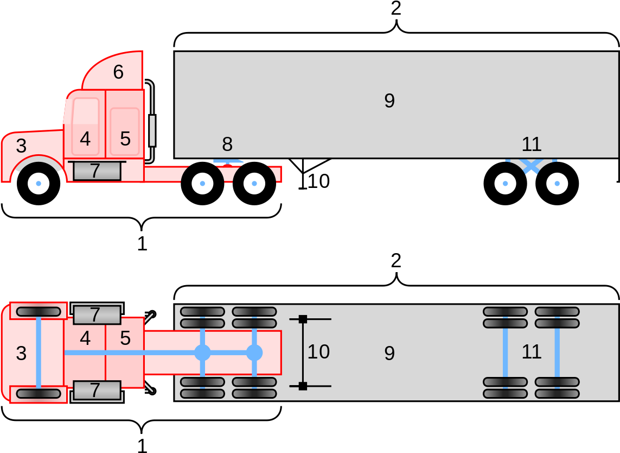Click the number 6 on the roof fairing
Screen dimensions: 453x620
pos(118,72)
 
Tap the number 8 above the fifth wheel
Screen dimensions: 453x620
pos(227,144)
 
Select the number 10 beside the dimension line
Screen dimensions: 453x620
pos(318,352)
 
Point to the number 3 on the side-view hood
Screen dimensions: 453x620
pos(21,146)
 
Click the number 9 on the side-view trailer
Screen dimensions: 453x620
pos(389,101)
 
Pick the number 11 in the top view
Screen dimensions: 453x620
pos(532,352)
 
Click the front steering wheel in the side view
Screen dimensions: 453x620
pos(39,184)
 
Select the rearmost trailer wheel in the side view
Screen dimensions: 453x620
pos(557,184)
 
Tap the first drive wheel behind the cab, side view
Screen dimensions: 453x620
pos(202,184)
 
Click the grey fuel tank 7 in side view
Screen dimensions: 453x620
pos(97,171)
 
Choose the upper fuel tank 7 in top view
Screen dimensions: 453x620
pos(97,314)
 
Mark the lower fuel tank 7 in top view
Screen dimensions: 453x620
pos(97,390)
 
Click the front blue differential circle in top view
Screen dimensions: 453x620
pos(202,353)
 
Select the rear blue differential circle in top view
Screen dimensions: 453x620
pos(254,353)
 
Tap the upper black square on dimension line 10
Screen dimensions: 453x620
pos(303,319)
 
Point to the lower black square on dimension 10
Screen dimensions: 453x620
pos(303,386)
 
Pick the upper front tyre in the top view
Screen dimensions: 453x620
pos(39,311)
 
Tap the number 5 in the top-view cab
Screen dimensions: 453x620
pos(125,338)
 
